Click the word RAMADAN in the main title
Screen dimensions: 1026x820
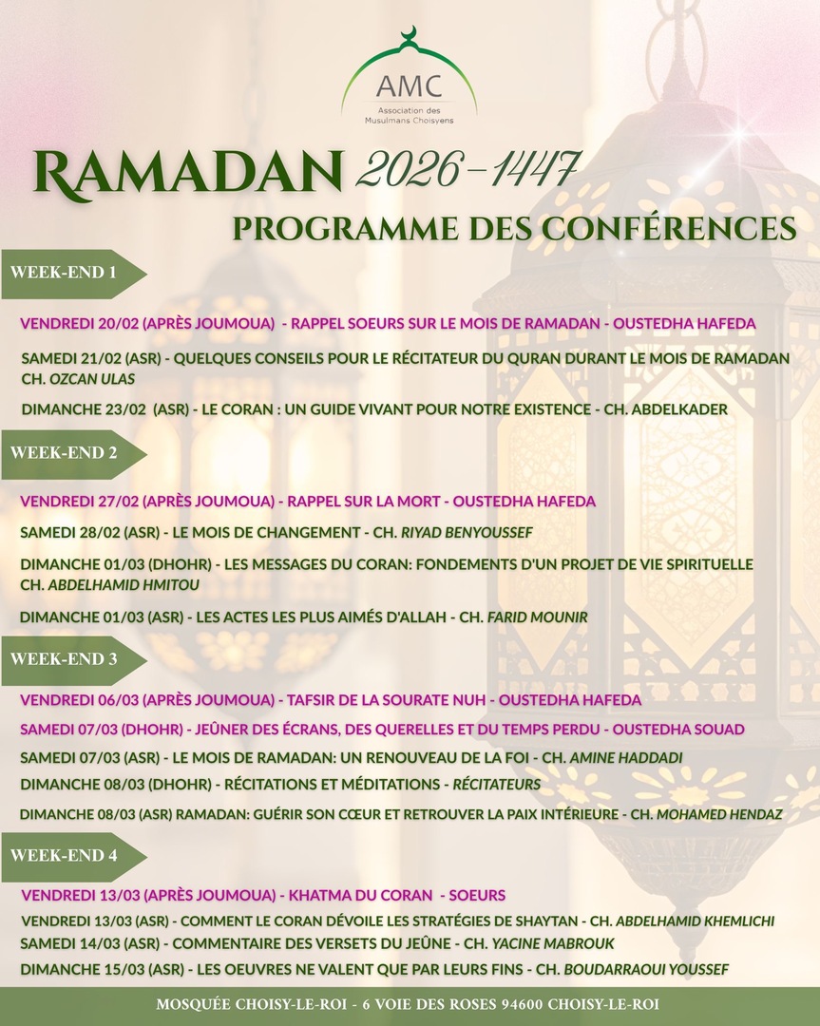click(x=187, y=175)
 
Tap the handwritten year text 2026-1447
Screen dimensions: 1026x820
click(x=466, y=171)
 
